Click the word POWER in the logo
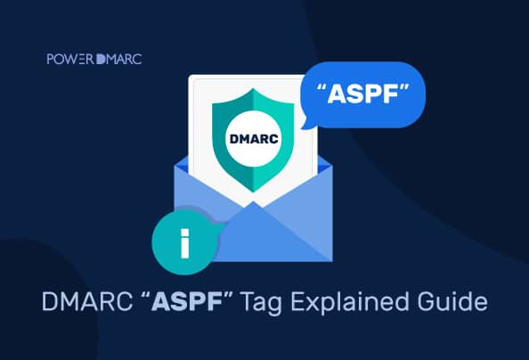[x=66, y=60]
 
